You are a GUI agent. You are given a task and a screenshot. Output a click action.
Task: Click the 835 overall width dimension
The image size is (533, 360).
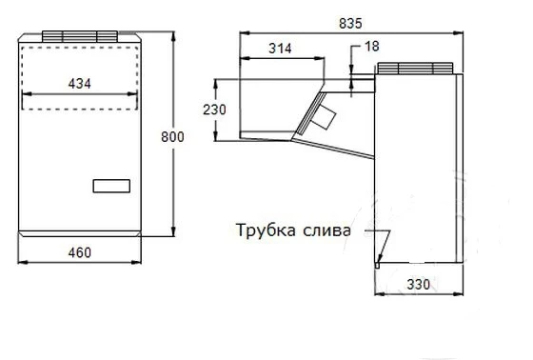point(350,24)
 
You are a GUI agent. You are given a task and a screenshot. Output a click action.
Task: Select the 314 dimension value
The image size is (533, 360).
point(280,49)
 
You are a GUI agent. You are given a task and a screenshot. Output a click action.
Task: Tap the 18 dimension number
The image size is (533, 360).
point(372,47)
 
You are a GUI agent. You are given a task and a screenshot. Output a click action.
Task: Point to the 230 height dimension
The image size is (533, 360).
point(214,110)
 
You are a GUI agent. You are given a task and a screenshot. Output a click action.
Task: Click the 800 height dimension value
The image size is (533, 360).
point(172,137)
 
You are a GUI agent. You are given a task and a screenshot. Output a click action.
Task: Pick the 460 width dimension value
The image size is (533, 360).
point(80,252)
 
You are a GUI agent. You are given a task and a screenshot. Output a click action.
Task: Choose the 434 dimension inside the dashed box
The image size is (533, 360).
point(80,84)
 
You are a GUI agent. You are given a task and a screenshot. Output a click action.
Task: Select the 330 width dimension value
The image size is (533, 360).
point(419,284)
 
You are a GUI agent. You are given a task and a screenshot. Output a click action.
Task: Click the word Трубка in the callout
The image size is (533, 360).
point(266,230)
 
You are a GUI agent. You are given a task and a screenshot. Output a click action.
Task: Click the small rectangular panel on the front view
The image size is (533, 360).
point(111,186)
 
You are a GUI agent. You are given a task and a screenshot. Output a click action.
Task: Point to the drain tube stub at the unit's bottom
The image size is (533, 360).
point(377,265)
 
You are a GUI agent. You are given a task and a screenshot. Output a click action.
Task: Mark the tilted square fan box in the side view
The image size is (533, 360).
point(324,116)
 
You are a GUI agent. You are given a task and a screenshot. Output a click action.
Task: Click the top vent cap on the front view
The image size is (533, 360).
point(80,36)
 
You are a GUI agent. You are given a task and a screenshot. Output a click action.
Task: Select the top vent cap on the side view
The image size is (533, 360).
point(415,68)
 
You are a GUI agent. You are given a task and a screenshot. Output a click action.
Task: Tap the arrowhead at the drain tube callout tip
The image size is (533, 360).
point(380,259)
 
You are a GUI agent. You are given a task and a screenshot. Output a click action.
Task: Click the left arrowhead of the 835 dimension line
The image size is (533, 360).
point(244,33)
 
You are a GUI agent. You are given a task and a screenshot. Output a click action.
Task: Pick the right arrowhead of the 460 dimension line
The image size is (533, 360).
point(136,262)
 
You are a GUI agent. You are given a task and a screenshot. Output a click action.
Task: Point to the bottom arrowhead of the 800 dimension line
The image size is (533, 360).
point(173,231)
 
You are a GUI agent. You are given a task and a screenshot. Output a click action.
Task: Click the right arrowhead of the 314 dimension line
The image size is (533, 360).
point(319,58)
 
